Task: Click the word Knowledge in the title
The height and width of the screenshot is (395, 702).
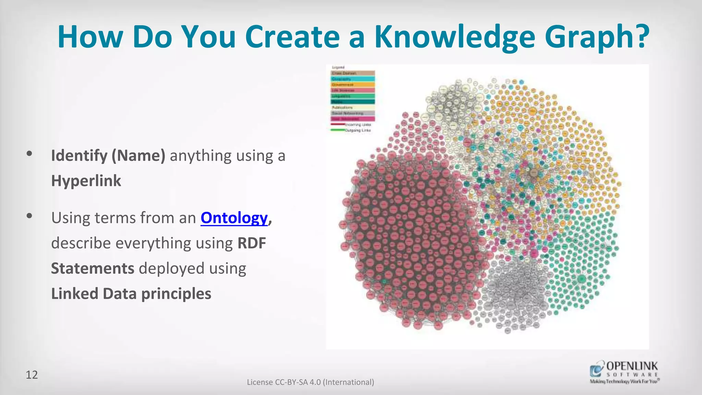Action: coord(455,37)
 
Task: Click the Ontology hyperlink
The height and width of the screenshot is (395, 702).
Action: coord(234,218)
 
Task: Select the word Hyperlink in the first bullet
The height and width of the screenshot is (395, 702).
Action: coord(86,181)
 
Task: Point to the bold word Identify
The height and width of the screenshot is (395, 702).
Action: coord(79,156)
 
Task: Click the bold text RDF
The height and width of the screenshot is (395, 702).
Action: coord(252,243)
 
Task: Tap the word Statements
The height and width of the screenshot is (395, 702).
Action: coord(93,268)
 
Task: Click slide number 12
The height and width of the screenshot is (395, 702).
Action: coord(32,375)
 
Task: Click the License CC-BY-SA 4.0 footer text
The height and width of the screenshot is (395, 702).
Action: coord(310,382)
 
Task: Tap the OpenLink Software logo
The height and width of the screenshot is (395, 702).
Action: coord(624,372)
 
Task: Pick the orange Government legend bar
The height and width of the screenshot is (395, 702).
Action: coord(353,85)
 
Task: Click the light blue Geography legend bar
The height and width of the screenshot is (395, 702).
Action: coord(353,79)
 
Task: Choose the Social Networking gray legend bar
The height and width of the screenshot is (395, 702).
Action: coord(353,113)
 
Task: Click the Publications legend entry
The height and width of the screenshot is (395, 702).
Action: coord(353,107)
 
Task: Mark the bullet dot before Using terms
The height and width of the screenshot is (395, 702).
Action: coord(29,216)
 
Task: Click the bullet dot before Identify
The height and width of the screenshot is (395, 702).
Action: coord(29,154)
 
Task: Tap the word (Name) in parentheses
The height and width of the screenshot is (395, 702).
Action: coord(138,156)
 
